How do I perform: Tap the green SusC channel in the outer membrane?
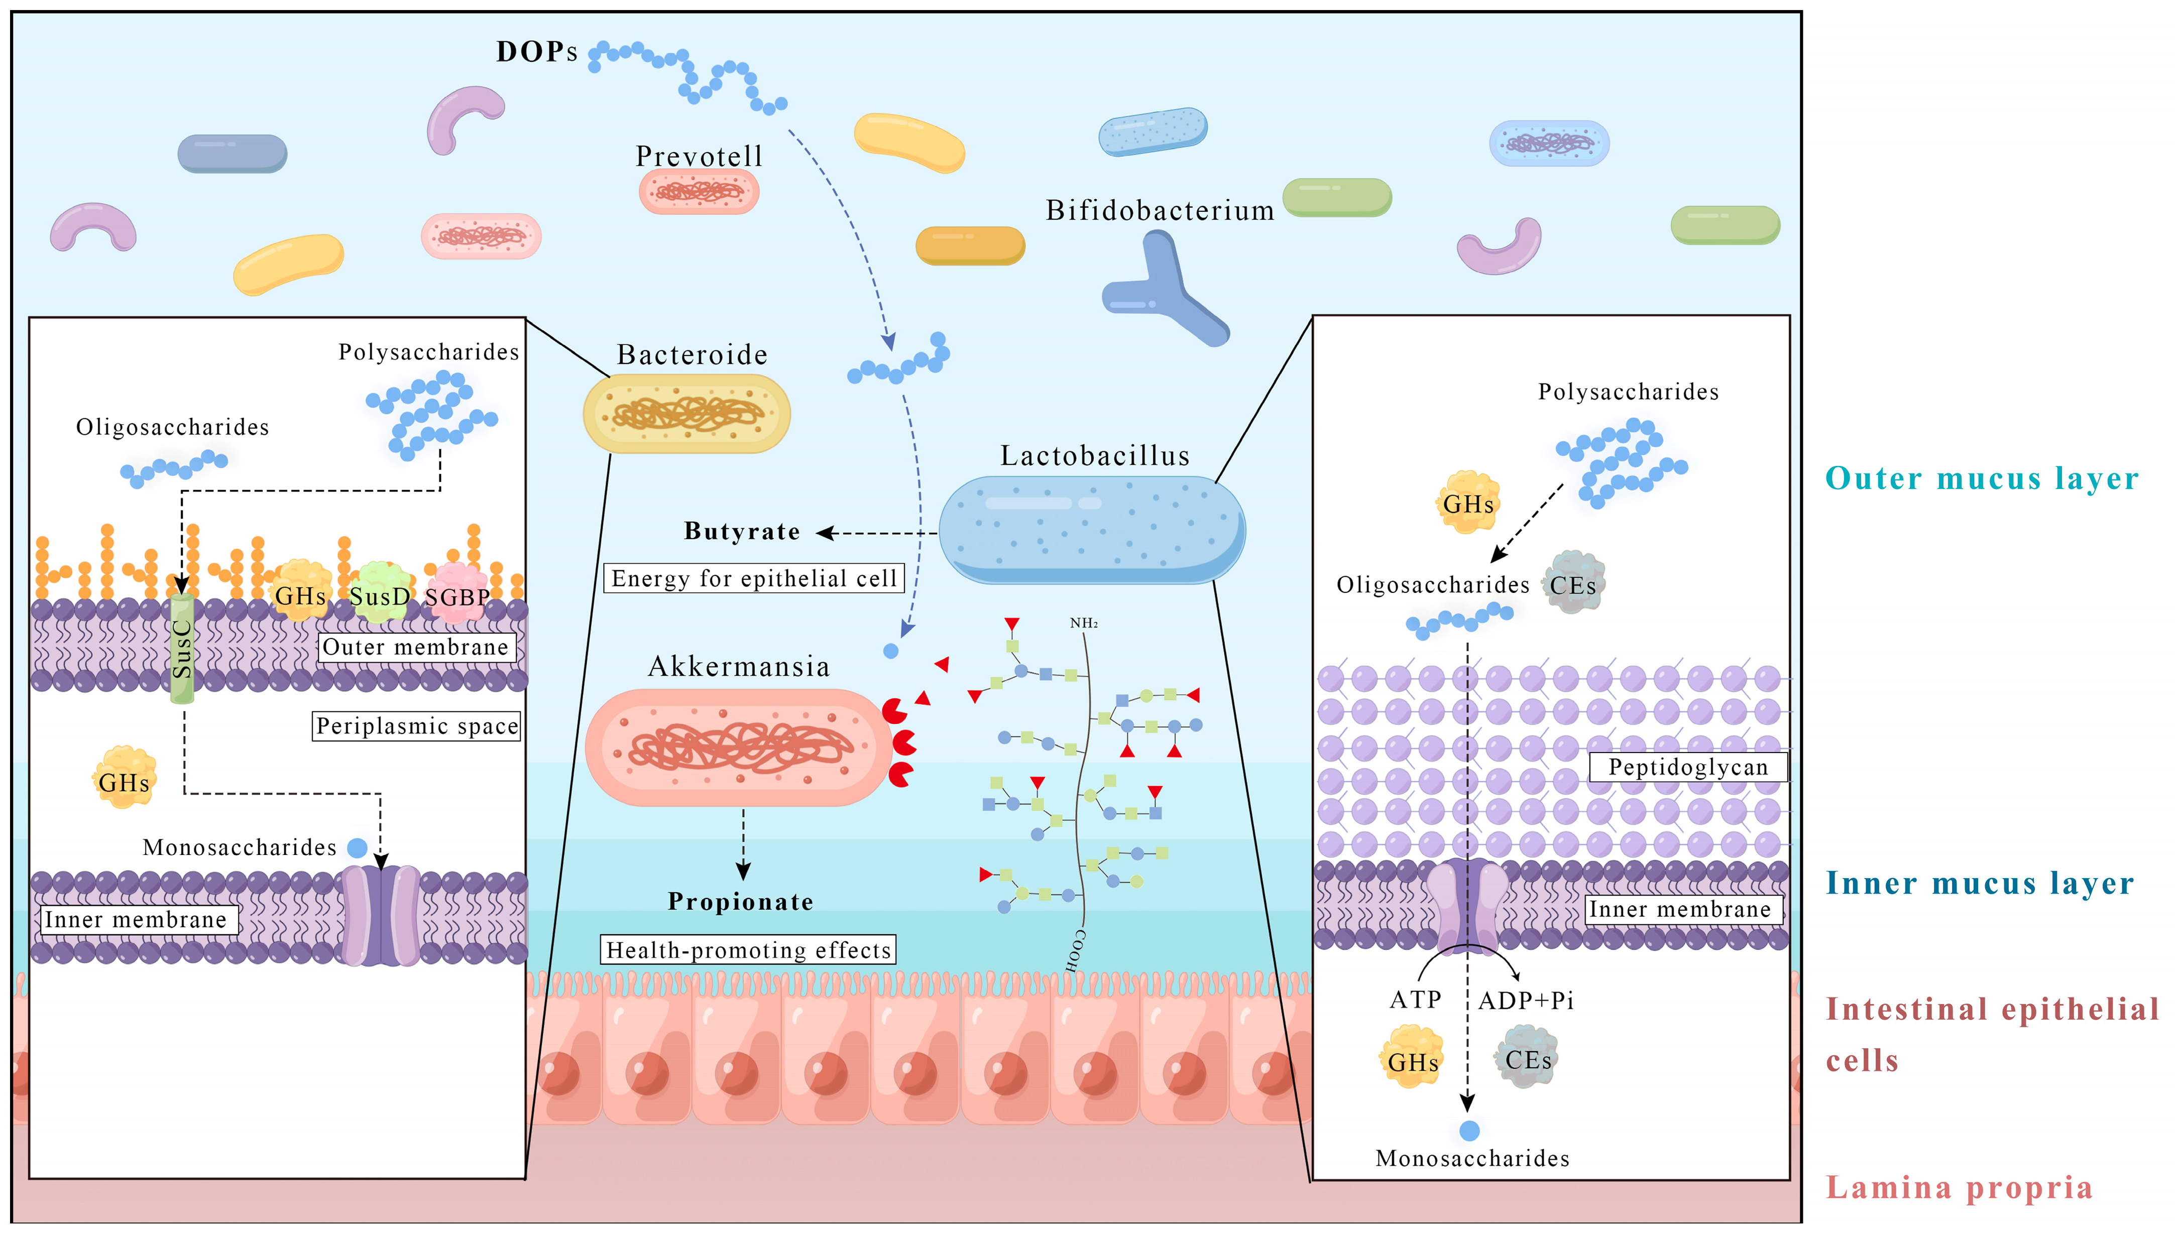pos(182,648)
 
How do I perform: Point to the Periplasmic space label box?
pos(416,726)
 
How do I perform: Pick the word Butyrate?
pos(742,531)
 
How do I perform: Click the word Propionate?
pos(740,901)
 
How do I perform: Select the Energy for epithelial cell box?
pos(753,578)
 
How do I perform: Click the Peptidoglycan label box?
pos(1687,767)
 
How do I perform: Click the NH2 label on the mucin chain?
pos(1083,623)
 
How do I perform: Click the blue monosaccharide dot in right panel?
pos(1469,1131)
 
